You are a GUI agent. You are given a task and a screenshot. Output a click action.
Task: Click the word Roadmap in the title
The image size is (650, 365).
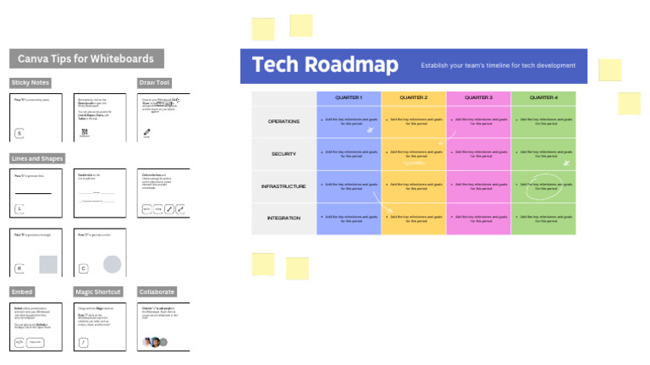[351, 65]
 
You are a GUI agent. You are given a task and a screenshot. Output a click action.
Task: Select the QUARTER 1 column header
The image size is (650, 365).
[349, 97]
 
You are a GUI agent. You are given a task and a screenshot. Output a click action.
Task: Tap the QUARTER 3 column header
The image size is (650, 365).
[478, 97]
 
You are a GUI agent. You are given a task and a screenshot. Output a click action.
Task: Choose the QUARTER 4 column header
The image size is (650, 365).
[543, 97]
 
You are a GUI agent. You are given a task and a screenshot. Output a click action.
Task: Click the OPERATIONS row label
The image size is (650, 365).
[284, 122]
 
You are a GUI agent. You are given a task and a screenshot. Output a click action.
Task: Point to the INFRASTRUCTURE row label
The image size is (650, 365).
[284, 186]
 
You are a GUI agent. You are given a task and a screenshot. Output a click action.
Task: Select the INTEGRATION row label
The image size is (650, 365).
[284, 218]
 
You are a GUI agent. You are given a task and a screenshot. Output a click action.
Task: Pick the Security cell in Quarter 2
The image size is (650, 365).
[413, 154]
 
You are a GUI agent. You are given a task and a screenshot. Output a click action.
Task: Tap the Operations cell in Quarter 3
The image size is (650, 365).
[478, 122]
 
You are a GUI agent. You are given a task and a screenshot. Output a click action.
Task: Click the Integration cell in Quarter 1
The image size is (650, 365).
[349, 218]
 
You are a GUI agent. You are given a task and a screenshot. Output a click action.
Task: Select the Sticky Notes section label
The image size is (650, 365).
[30, 83]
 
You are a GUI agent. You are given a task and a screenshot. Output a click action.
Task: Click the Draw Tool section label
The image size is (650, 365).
[154, 83]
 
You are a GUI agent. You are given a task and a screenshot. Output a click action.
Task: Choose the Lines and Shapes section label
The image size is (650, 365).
[37, 158]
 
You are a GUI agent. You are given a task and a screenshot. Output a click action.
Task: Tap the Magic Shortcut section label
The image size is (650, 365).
[98, 292]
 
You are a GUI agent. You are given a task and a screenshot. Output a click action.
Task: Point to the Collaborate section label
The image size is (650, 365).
[157, 292]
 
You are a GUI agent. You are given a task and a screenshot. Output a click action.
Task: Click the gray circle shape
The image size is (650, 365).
[112, 264]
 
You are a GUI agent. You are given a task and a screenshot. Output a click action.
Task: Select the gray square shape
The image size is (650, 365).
[48, 264]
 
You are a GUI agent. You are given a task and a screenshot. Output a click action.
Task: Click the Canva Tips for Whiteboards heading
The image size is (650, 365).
[85, 59]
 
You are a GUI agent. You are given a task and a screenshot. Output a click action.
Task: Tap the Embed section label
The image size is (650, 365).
[22, 292]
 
